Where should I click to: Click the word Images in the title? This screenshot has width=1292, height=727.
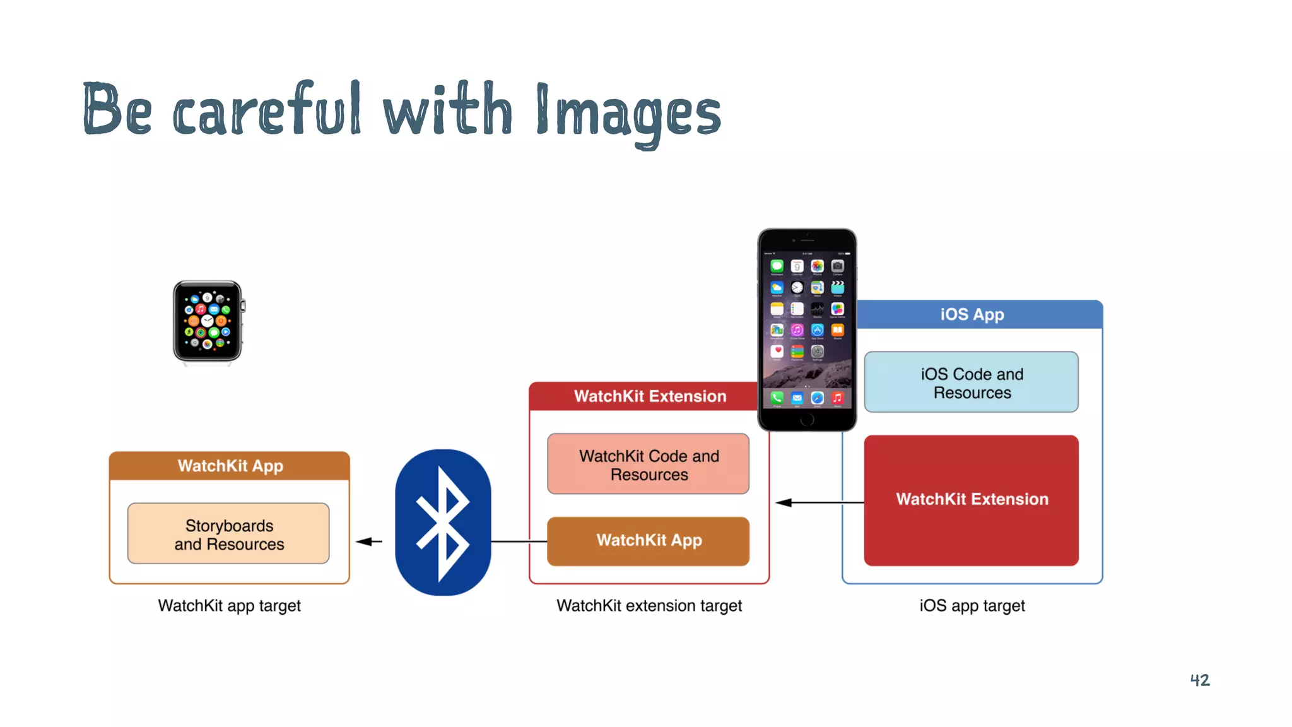pyautogui.click(x=628, y=112)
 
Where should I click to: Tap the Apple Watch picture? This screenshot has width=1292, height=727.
pyautogui.click(x=208, y=322)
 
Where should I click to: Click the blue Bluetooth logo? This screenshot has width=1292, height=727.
pyautogui.click(x=443, y=523)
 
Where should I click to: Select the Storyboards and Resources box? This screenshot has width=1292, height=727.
pyautogui.click(x=228, y=534)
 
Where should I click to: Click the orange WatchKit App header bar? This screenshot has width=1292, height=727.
pyautogui.click(x=230, y=466)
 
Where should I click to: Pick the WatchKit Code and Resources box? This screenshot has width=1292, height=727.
pyautogui.click(x=649, y=464)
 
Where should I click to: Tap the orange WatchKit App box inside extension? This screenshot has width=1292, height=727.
pyautogui.click(x=649, y=541)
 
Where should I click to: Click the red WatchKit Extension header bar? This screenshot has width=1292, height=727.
pyautogui.click(x=643, y=396)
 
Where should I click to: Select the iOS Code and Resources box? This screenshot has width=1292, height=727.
pyautogui.click(x=972, y=382)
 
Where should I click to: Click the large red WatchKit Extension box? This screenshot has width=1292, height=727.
pyautogui.click(x=972, y=500)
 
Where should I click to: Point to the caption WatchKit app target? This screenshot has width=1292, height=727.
pyautogui.click(x=230, y=606)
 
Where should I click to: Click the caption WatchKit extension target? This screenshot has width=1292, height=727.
pyautogui.click(x=649, y=606)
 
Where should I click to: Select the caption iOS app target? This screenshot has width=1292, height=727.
pyautogui.click(x=972, y=606)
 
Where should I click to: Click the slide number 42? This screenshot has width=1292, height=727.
pyautogui.click(x=1200, y=680)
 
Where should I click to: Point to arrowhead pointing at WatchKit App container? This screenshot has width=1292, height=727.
pyautogui.click(x=363, y=541)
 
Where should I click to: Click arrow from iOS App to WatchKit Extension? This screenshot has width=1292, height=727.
pyautogui.click(x=820, y=502)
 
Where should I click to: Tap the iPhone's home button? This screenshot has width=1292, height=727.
pyautogui.click(x=807, y=420)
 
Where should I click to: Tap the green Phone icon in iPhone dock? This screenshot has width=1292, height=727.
pyautogui.click(x=777, y=398)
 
